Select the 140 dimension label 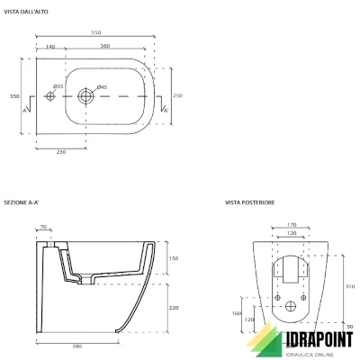point(50,45)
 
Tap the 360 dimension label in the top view point(104,45)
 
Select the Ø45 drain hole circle point(86,95)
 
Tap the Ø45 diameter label point(102,86)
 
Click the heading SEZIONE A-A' point(20,203)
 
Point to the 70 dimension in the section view point(45,229)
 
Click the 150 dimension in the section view point(173,258)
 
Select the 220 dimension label point(173,307)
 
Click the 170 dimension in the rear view point(279,225)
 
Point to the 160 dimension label point(236,314)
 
